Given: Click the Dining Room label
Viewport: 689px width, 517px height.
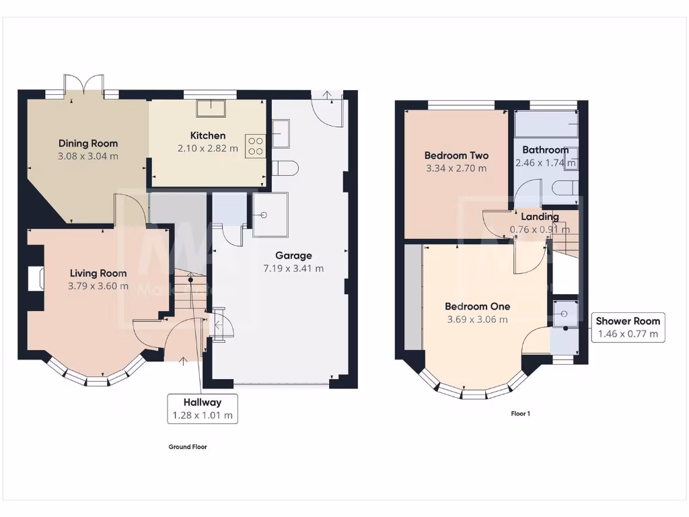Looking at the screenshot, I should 87,143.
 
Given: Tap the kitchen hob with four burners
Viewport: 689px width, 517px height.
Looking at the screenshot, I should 256,145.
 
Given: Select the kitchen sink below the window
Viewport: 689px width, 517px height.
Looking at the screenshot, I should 210,108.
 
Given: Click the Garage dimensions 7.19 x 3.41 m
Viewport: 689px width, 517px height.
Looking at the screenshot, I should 293,268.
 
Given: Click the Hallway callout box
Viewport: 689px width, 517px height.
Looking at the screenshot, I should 203,409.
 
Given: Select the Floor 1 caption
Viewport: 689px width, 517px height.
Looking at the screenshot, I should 520,414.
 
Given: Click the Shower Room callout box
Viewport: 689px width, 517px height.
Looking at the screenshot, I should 627,327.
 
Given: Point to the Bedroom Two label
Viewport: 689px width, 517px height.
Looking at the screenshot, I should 456,156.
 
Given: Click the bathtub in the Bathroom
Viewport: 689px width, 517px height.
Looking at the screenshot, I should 546,124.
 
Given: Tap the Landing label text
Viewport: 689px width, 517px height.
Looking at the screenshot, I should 540,217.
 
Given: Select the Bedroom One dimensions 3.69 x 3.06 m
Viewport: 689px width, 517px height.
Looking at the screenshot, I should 477,319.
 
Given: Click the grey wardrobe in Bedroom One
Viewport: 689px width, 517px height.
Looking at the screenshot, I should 413,297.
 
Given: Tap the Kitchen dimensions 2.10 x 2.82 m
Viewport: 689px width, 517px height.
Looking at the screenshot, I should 207,148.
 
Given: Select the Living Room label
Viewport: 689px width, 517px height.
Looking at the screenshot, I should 98,273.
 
